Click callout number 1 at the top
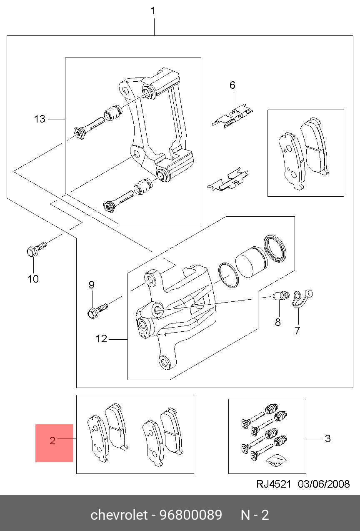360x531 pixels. (153, 11)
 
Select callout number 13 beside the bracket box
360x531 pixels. (40, 119)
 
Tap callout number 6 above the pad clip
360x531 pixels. (232, 85)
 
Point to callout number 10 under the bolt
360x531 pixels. (33, 279)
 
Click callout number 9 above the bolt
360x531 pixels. (92, 285)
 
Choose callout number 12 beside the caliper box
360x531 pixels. (101, 339)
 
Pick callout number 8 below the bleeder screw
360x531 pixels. (278, 322)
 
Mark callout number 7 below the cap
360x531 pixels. (297, 330)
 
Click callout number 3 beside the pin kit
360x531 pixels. (328, 438)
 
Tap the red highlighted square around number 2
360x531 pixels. (54, 443)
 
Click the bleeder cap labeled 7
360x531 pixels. (302, 298)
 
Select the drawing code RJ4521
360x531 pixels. (274, 484)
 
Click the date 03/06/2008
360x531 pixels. (324, 484)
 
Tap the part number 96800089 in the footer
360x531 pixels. (191, 515)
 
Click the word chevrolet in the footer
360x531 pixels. (119, 515)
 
